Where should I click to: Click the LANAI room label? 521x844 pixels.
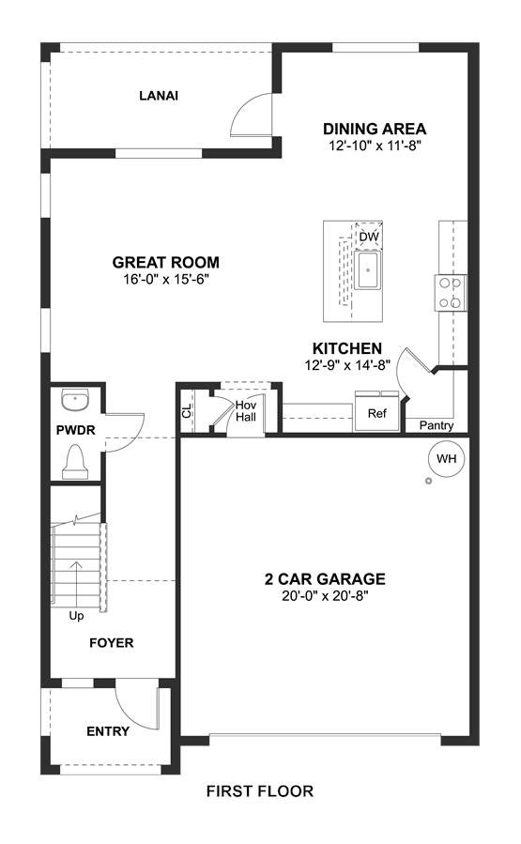[x=159, y=96]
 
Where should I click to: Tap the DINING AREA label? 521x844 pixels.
[x=375, y=130]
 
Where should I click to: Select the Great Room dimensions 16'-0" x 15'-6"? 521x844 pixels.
[x=165, y=280]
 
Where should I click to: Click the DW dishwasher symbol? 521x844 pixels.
[x=369, y=236]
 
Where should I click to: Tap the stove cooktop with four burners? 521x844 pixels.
[x=450, y=293]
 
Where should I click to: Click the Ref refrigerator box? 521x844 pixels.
[x=377, y=412]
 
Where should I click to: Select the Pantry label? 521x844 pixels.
[x=437, y=426]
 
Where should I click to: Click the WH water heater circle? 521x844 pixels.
[x=446, y=458]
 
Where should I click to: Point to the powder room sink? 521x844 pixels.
[x=75, y=399]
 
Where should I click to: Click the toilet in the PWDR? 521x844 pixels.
[x=75, y=463]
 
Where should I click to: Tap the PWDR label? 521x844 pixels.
[x=76, y=430]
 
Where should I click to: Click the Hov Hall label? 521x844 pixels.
[x=246, y=410]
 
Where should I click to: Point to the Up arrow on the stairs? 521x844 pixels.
[x=76, y=584]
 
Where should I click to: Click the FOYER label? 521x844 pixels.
[x=112, y=643]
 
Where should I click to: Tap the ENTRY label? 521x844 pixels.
[x=108, y=731]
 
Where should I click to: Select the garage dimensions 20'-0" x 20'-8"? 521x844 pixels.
[x=325, y=596]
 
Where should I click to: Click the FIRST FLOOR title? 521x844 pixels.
[x=260, y=791]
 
